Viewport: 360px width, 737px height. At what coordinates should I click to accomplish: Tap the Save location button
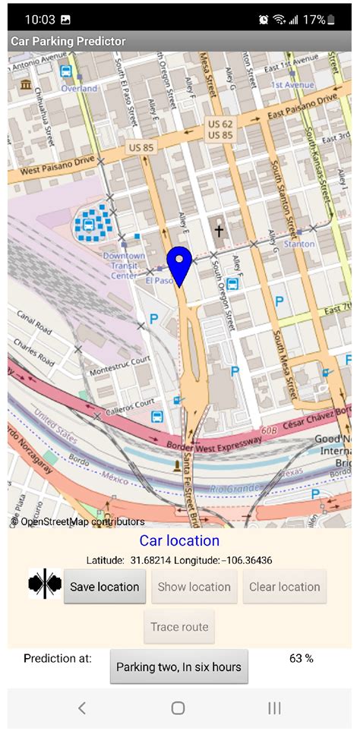coord(104,587)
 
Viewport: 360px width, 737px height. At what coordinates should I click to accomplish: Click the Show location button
coord(194,587)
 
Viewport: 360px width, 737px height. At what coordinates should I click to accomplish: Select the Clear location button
coord(285,587)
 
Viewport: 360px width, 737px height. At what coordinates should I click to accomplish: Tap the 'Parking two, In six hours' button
coord(178,667)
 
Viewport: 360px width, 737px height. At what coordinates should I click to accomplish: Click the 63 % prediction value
coord(302,658)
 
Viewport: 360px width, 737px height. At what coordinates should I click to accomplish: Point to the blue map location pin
coord(178,266)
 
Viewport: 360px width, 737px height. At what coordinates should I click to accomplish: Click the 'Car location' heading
coord(179,541)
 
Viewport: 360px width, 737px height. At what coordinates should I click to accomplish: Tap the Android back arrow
coord(82,708)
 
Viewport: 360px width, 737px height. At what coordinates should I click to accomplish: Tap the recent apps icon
coord(274,708)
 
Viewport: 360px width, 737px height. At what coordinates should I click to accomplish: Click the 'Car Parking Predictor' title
coord(68,41)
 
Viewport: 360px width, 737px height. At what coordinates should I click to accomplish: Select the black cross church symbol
coord(219,231)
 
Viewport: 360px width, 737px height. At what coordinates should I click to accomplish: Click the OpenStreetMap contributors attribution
coord(77,521)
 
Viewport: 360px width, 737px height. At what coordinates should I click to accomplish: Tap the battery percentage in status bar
coord(314,20)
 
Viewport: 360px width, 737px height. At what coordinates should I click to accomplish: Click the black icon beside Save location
coord(45,584)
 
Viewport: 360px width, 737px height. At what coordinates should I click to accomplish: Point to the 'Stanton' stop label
coord(298,244)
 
